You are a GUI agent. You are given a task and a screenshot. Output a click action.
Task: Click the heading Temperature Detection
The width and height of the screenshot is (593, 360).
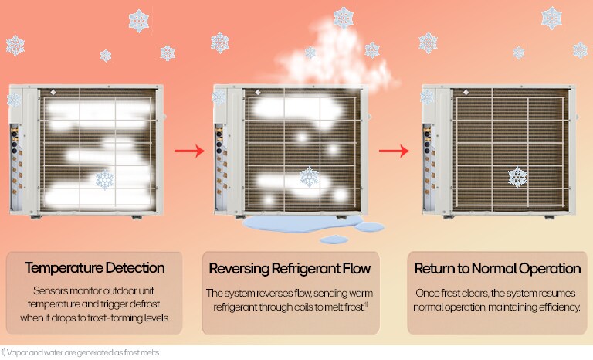pyautogui.click(x=94, y=269)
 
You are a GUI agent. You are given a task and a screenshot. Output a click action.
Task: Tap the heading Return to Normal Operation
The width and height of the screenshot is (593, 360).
pyautogui.click(x=497, y=269)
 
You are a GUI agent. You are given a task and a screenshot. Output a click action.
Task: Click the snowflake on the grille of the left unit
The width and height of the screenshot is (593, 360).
pyautogui.click(x=103, y=180)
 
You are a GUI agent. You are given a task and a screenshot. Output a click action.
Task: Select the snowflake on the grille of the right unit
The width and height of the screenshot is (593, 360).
pyautogui.click(x=517, y=176)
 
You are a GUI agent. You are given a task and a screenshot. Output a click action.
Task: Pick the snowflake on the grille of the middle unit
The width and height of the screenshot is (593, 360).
pyautogui.click(x=310, y=176)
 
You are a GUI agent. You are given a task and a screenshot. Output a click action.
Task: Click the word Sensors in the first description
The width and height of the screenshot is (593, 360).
pyautogui.click(x=53, y=292)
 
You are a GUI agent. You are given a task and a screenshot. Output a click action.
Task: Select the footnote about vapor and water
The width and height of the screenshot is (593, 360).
pyautogui.click(x=80, y=353)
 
